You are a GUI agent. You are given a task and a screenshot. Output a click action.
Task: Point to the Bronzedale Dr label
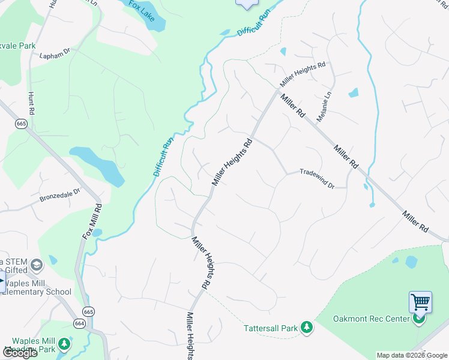[59, 195]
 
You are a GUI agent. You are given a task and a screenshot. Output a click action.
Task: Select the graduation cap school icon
[37, 265]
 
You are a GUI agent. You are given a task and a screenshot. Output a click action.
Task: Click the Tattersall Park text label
[271, 328]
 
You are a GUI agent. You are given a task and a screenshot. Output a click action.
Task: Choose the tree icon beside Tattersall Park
[307, 327]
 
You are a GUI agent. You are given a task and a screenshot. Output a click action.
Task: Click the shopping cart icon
[420, 302]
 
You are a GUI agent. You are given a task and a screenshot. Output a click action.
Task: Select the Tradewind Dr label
[316, 179]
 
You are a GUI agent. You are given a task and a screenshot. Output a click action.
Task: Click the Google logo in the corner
[20, 352]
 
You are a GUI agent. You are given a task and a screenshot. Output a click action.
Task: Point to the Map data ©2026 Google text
[412, 355]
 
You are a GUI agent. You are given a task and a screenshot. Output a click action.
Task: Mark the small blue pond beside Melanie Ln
[353, 93]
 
